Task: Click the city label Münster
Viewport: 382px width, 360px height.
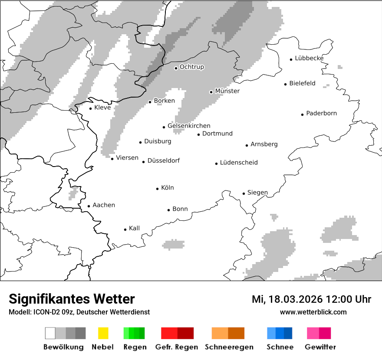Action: [x=227, y=91]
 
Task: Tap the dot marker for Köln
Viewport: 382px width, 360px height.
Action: [x=158, y=189]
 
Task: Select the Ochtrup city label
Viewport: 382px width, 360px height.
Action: [x=191, y=67]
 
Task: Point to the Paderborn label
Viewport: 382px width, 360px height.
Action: [x=321, y=114]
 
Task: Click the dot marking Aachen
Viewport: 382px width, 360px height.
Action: [x=89, y=206]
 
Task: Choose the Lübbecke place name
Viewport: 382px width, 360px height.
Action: [x=309, y=59]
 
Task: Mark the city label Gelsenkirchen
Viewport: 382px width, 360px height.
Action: [x=189, y=126]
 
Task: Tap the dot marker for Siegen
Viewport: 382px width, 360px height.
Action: [x=244, y=193]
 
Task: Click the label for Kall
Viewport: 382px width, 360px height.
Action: [x=134, y=228]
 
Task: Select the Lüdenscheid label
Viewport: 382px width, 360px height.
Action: [x=239, y=163]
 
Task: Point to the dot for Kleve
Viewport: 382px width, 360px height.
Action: [x=90, y=108]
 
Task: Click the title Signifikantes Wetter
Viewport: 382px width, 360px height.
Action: [x=72, y=299]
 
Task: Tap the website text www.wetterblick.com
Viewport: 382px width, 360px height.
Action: [x=313, y=312]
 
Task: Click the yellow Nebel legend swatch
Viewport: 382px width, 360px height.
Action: [x=103, y=333]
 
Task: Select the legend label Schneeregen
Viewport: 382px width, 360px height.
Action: [x=229, y=347]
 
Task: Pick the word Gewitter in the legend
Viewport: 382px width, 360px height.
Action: [x=320, y=347]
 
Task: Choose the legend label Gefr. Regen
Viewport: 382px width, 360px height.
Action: [x=177, y=347]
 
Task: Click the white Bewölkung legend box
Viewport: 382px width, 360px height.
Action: [x=50, y=333]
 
